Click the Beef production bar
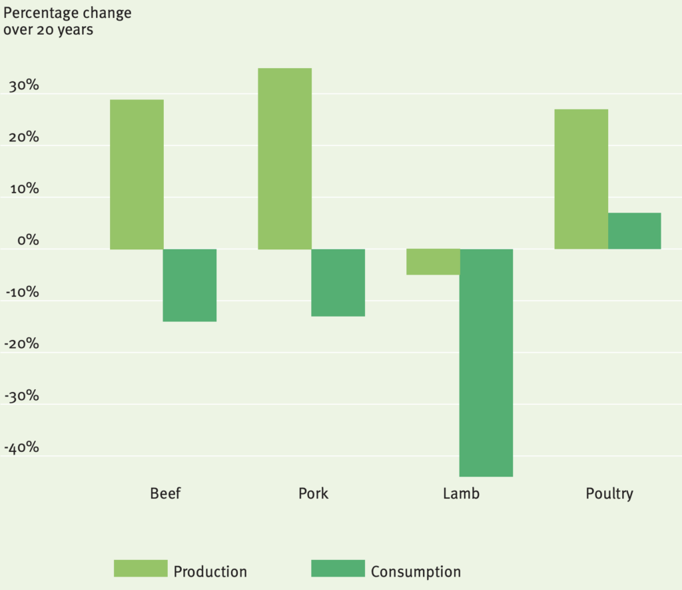[x=137, y=174]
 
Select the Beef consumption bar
[x=190, y=285]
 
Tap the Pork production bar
[x=284, y=159]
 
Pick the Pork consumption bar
[x=338, y=283]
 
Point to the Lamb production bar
[x=433, y=262]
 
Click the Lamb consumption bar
[x=486, y=363]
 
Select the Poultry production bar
[x=581, y=179]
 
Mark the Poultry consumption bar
[x=635, y=231]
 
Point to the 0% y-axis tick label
[x=27, y=241]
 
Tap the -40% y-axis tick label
[x=21, y=447]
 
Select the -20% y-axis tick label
[x=21, y=345]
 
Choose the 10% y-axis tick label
[x=23, y=189]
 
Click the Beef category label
[x=165, y=494]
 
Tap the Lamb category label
[x=461, y=494]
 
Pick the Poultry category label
[x=609, y=495]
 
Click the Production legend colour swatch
[x=141, y=569]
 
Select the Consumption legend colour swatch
[x=338, y=569]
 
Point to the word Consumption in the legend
[x=416, y=572]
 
